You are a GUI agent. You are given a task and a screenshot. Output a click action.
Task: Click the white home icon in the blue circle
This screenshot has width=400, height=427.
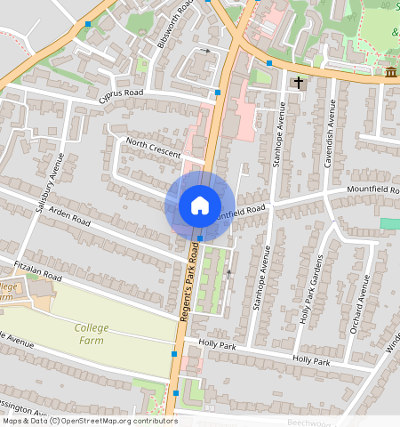point(200,205)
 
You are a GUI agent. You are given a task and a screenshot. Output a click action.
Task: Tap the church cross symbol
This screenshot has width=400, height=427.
point(299,83)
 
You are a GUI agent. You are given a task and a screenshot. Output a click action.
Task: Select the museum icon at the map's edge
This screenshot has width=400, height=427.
point(391,72)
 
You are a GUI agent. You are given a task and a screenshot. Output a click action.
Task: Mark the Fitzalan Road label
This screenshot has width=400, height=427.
point(36,270)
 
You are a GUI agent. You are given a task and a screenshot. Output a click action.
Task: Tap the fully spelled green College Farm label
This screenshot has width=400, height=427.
point(92,334)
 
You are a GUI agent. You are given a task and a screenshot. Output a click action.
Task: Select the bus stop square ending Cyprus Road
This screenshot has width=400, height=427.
point(218,93)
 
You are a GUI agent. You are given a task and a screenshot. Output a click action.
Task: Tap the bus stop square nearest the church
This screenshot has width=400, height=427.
point(269,63)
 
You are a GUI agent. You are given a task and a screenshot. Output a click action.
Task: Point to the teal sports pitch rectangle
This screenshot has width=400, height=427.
point(389,222)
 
